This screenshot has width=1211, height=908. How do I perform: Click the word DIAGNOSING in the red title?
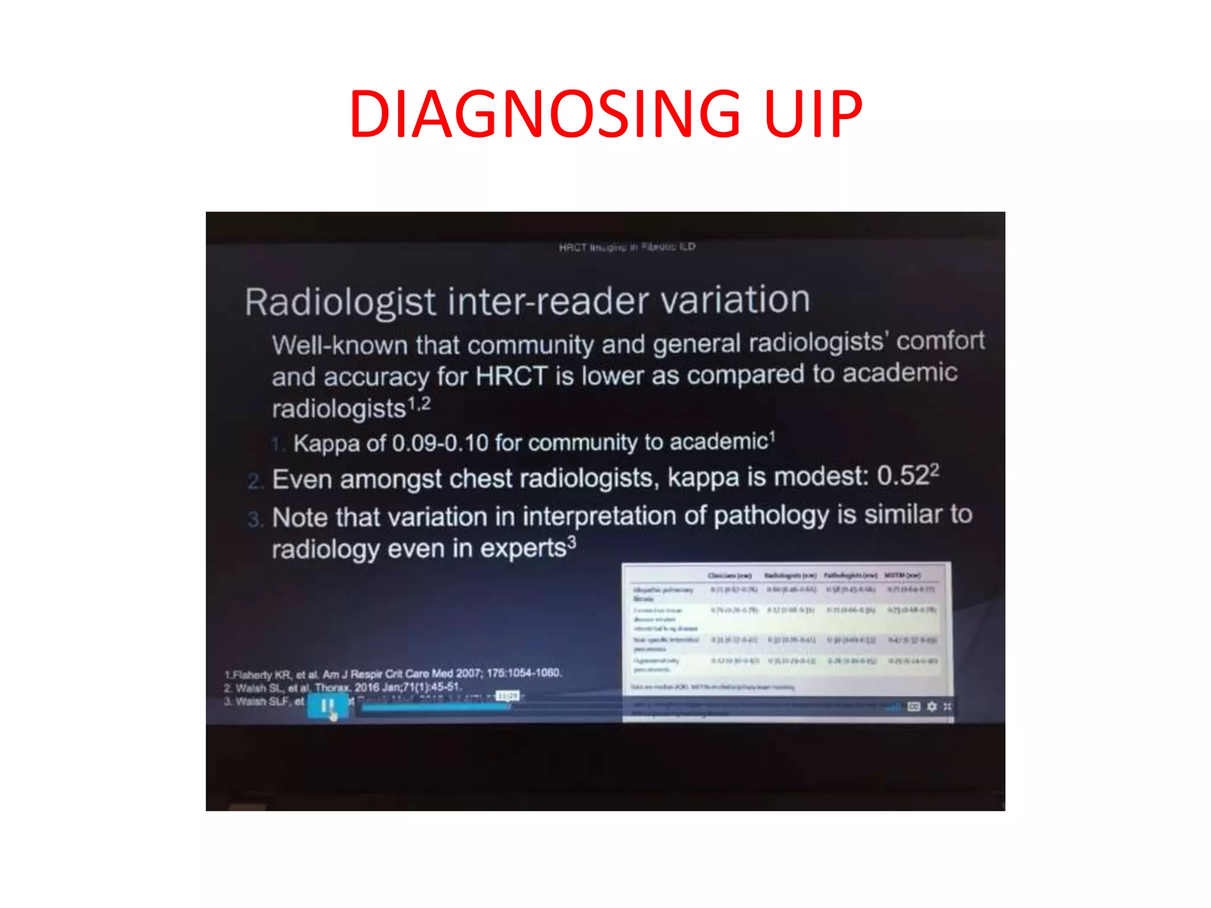tap(544, 113)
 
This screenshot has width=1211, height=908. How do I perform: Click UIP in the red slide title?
tap(812, 113)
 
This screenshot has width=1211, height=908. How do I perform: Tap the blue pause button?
tap(328, 705)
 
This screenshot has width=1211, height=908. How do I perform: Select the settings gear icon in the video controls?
tap(932, 706)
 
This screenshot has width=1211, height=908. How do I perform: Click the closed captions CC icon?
tap(914, 706)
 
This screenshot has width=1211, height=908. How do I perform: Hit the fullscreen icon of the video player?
tap(948, 706)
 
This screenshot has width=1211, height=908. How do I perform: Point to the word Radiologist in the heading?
tap(340, 302)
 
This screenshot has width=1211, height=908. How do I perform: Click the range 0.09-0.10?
tap(440, 443)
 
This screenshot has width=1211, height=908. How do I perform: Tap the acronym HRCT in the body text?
tap(511, 376)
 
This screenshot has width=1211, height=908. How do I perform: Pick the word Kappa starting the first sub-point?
tap(326, 443)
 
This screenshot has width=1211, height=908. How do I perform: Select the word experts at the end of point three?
tap(523, 549)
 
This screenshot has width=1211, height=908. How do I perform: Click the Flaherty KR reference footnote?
tap(393, 674)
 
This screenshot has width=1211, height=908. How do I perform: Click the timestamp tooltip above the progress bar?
tap(507, 696)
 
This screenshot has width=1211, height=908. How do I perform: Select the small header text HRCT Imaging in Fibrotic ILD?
tap(627, 247)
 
